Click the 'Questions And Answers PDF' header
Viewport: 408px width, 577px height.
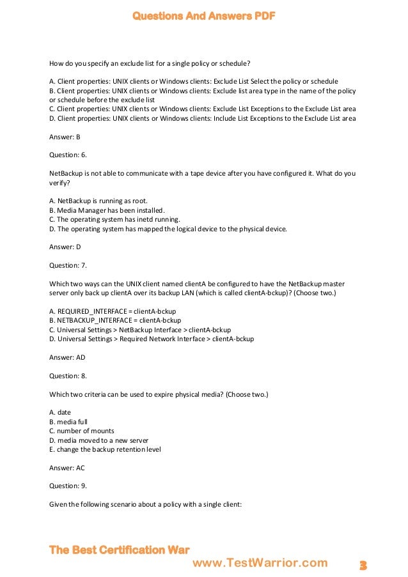point(203,16)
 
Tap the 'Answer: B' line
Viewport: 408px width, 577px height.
point(65,137)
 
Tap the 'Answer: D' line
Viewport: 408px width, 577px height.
point(65,246)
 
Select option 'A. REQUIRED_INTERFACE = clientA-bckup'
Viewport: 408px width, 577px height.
point(113,311)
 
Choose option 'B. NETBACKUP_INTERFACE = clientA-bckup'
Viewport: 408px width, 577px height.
point(115,320)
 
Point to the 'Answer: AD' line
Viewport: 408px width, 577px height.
point(67,357)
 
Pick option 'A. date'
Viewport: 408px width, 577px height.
point(60,412)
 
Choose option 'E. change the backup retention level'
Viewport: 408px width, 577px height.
point(105,449)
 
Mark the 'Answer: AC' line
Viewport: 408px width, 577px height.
point(67,468)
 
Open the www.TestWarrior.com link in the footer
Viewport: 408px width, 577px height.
point(260,562)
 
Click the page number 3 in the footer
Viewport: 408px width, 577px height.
point(363,565)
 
